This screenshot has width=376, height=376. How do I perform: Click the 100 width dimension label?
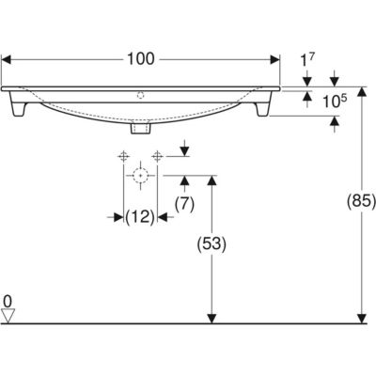pyautogui.click(x=141, y=59)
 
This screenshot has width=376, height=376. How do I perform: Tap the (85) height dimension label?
pyautogui.click(x=361, y=201)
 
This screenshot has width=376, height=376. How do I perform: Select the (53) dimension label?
pyautogui.click(x=211, y=244)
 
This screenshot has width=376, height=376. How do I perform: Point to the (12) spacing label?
pyautogui.click(x=140, y=216)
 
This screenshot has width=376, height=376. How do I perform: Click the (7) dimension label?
pyautogui.click(x=184, y=205)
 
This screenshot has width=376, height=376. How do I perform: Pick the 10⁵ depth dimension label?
pyautogui.click(x=335, y=102)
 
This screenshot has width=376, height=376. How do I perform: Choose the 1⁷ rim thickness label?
pyautogui.click(x=307, y=60)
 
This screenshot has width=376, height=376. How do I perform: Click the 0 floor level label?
pyautogui.click(x=8, y=302)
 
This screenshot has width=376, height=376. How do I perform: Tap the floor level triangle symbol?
pyautogui.click(x=8, y=316)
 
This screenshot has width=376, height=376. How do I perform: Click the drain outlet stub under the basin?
pyautogui.click(x=141, y=128)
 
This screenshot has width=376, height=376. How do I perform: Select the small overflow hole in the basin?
pyautogui.click(x=141, y=95)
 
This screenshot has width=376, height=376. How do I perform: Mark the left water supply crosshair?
pyautogui.click(x=123, y=156)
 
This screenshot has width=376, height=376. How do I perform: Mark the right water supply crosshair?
pyautogui.click(x=157, y=156)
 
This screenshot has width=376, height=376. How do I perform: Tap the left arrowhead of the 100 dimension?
pyautogui.click(x=7, y=59)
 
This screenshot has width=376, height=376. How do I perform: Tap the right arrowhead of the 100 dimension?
pyautogui.click(x=275, y=59)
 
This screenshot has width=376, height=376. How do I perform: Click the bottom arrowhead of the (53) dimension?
pyautogui.click(x=212, y=319)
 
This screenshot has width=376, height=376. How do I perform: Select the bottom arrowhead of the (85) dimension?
pyautogui.click(x=362, y=319)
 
